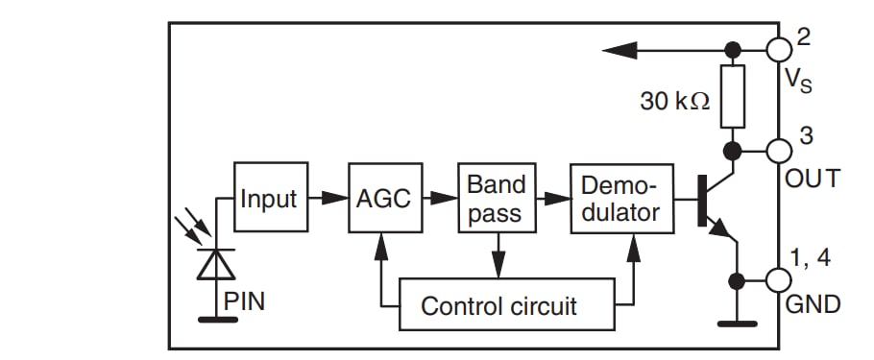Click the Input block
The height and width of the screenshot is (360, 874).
pos(270,198)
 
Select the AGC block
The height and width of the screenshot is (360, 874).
pos(383,198)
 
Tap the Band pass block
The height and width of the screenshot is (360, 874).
pos(496,198)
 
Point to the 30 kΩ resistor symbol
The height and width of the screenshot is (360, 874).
pos(733,97)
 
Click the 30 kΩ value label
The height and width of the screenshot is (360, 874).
pos(675,100)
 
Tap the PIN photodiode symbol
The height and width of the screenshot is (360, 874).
pos(216,262)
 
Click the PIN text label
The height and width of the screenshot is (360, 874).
pos(244,301)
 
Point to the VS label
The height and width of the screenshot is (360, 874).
pos(798,80)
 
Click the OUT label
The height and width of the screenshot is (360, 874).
pos(813,179)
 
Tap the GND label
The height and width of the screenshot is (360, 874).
pos(813,305)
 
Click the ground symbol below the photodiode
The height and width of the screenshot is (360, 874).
pos(216,318)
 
